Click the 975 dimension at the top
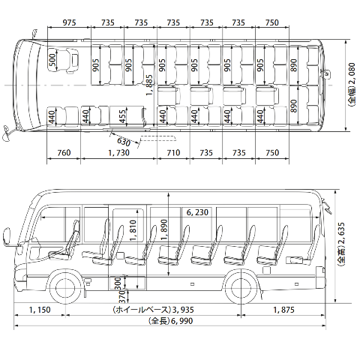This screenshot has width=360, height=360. click(69, 22)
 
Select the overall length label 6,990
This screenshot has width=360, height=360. click(182, 321)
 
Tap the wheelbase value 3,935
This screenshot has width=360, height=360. click(184, 310)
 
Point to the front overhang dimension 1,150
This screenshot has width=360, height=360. click(40, 310)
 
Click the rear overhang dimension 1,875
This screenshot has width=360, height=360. click(283, 310)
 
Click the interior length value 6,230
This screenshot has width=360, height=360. click(197, 212)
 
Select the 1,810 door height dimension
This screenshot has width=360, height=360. click(133, 230)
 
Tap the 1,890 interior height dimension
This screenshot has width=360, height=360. click(164, 230)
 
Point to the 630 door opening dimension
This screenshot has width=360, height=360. click(124, 142)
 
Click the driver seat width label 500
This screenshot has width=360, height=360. click(52, 60)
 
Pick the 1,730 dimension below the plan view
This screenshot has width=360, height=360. click(119, 152)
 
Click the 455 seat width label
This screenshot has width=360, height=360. click(122, 116)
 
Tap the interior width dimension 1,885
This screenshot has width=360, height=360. click(149, 85)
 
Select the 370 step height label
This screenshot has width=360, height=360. click(121, 296)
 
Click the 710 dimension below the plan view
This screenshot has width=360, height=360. click(173, 152)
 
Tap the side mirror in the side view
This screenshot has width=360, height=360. click(7, 235)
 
